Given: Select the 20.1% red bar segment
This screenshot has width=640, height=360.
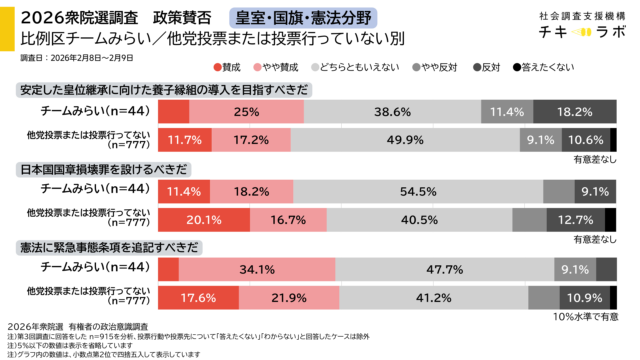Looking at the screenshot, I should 204,218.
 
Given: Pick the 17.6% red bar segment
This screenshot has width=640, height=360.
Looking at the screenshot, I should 199,297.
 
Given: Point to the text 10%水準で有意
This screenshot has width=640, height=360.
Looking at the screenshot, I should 584,316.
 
